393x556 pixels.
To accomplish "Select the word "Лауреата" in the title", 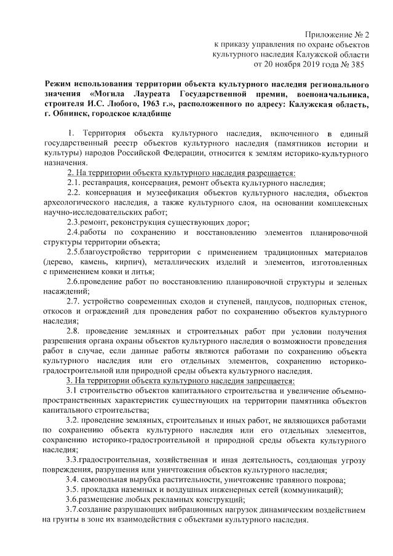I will pyautogui.click(x=153, y=94).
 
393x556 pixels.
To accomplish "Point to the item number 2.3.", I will pyautogui.click(x=74, y=222).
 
